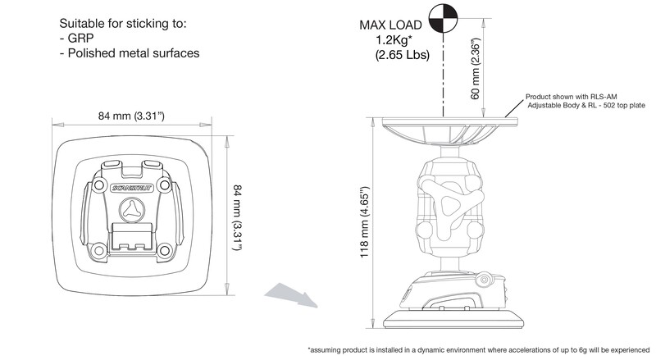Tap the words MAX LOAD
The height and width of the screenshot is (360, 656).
392,25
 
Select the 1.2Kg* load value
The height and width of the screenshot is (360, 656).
394,41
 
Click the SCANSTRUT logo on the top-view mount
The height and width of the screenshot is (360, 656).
134,189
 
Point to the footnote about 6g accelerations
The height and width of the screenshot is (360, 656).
480,350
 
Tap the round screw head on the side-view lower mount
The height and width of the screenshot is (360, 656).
485,281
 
